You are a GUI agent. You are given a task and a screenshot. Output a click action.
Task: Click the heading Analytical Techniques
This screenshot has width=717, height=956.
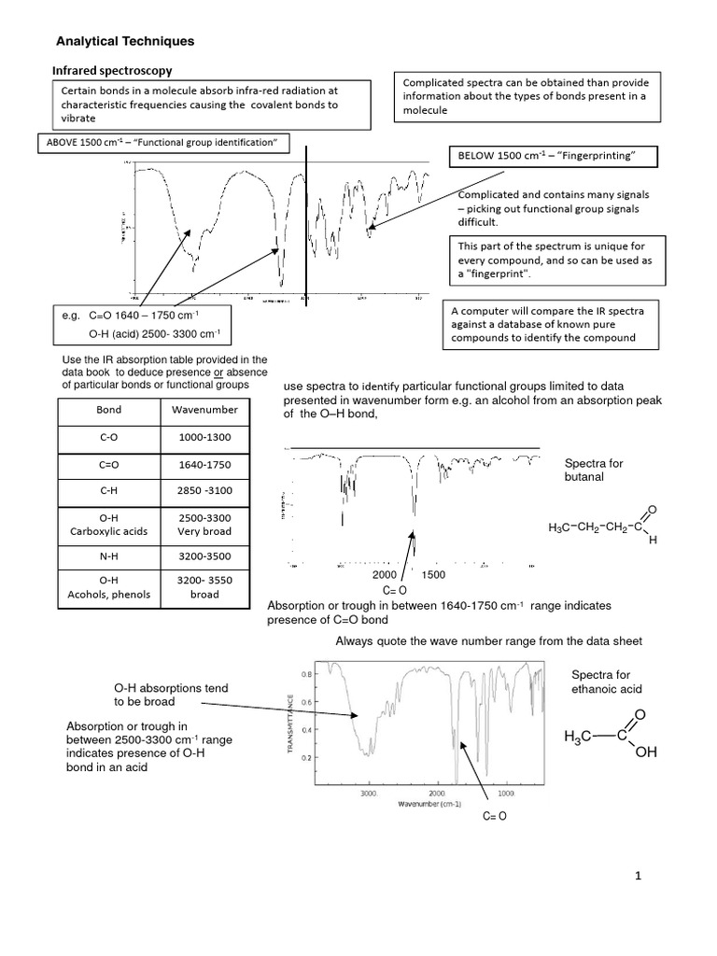click(x=125, y=42)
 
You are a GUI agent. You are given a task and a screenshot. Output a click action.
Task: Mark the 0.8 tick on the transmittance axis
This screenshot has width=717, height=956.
click(x=305, y=673)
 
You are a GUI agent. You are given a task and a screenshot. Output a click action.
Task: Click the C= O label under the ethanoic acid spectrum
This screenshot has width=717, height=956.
click(x=494, y=817)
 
